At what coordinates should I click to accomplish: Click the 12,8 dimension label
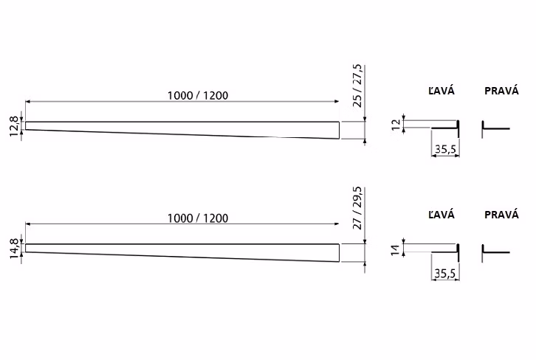pyautogui.click(x=14, y=126)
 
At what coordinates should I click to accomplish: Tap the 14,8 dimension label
pyautogui.click(x=14, y=249)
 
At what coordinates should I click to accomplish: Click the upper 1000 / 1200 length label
pyautogui.click(x=198, y=95)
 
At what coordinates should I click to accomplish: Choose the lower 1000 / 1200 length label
pyautogui.click(x=198, y=218)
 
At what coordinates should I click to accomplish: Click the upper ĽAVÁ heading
pyautogui.click(x=441, y=91)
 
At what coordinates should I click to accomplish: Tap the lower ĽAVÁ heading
pyautogui.click(x=441, y=215)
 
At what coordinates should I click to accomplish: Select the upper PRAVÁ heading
pyautogui.click(x=501, y=91)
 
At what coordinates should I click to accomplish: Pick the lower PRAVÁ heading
pyautogui.click(x=501, y=215)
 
